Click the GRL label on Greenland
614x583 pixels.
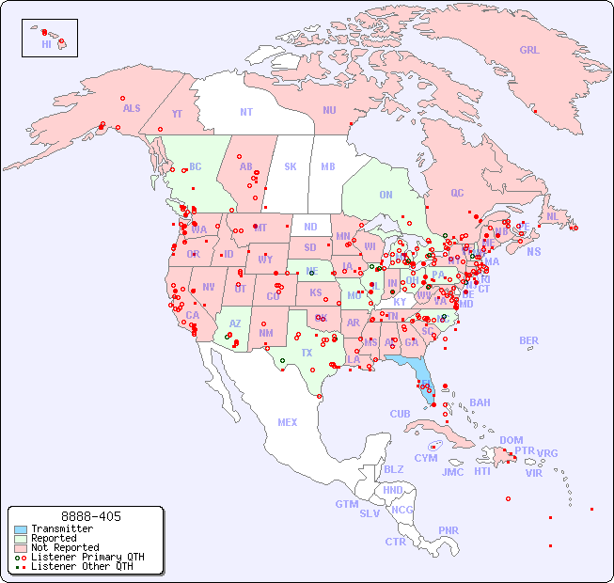tap(529, 51)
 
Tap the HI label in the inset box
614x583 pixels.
tap(46, 44)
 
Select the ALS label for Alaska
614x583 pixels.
tap(132, 108)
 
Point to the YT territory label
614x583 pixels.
tap(177, 114)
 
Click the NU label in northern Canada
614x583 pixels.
tap(329, 110)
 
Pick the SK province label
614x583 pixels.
tap(291, 166)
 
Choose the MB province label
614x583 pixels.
tap(328, 166)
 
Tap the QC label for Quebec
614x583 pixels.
tap(457, 193)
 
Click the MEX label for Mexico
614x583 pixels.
tap(288, 422)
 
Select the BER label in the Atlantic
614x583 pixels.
tap(528, 340)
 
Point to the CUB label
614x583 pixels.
tap(400, 414)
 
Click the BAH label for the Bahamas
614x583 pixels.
tap(480, 402)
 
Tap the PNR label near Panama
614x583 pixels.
tap(449, 530)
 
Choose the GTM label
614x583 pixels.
tap(346, 504)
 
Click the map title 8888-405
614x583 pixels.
tap(90, 516)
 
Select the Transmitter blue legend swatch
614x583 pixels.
tap(21, 528)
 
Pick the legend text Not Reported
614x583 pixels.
tap(65, 547)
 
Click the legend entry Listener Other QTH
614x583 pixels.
tap(81, 566)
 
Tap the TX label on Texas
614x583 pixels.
tap(307, 353)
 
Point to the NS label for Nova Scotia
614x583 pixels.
tap(533, 251)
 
